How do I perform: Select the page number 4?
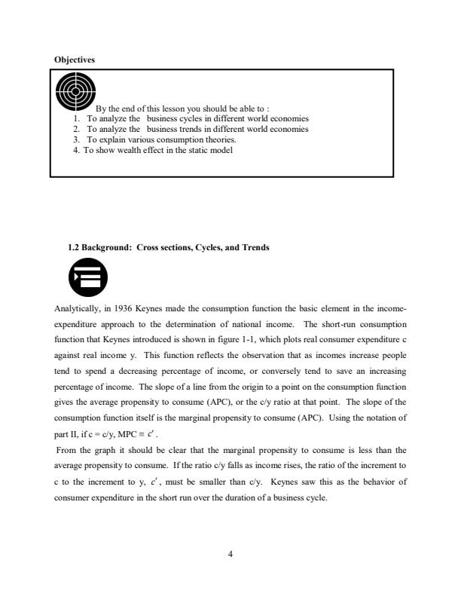click(230, 554)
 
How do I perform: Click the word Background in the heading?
click(107, 246)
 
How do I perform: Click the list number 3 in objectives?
click(76, 139)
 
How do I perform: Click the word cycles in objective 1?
click(185, 118)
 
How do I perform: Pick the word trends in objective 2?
click(186, 129)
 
